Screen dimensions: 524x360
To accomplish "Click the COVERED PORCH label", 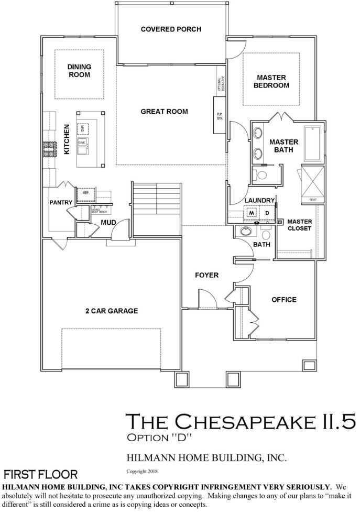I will coord(171,29).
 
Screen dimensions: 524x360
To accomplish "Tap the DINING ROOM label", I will coord(79,71).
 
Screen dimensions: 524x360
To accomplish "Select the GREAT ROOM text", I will coord(164,112).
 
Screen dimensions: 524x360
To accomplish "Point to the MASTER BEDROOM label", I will coord(271,82).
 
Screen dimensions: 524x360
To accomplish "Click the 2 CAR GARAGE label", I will coord(112,311).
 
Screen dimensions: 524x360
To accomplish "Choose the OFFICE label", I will coord(283,300).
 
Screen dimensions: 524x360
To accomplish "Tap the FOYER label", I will coord(206,275).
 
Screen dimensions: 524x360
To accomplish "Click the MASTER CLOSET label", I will coord(299,225).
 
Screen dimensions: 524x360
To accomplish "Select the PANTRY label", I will coord(60,202).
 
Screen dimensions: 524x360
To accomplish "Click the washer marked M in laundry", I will coord(251,213).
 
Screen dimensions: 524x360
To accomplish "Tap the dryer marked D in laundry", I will coord(266,213).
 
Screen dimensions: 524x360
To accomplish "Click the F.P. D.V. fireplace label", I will coord(219,116).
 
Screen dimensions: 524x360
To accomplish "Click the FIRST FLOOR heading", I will coord(41,475).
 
